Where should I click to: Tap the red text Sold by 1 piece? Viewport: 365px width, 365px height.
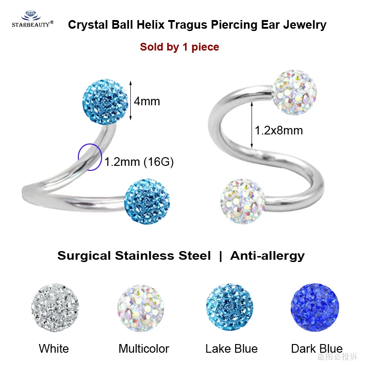(x=180, y=47)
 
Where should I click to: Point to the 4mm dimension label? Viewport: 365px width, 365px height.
(x=147, y=101)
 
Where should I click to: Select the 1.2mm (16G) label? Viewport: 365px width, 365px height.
(x=139, y=161)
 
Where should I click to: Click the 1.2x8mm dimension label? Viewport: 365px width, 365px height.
(x=279, y=131)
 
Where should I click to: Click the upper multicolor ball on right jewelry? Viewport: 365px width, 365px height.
(x=294, y=89)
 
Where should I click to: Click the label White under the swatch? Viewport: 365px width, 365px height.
(x=54, y=349)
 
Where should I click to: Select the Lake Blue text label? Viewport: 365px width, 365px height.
(x=231, y=349)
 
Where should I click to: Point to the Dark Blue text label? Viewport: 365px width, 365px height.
(x=317, y=349)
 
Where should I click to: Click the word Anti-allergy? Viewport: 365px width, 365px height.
(x=267, y=256)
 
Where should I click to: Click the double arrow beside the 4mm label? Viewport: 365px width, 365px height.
(x=131, y=101)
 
